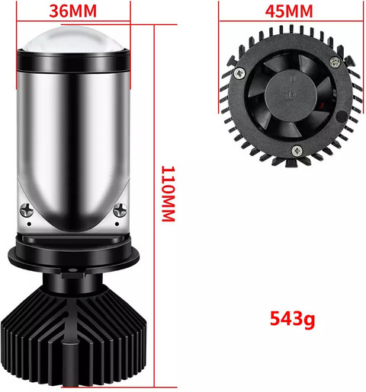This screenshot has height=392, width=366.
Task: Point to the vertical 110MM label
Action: pyautogui.click(x=169, y=194)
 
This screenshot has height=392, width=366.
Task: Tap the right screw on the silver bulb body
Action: pyautogui.click(x=120, y=209)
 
